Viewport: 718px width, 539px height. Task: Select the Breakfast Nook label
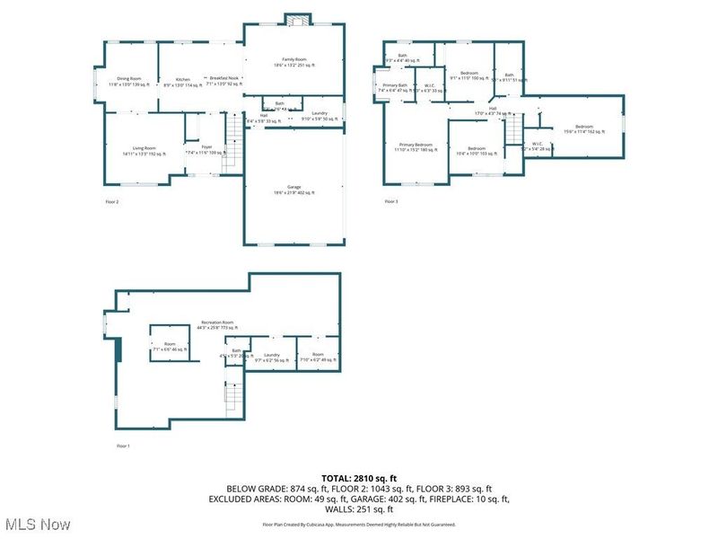click(225, 80)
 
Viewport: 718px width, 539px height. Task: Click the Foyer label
click(206, 149)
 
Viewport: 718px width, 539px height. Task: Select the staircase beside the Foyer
click(232, 144)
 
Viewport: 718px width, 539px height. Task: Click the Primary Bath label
click(395, 87)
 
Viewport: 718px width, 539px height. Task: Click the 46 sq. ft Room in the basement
click(170, 346)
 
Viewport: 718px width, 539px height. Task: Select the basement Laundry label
click(272, 358)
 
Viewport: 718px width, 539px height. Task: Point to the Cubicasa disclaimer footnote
click(359, 524)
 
